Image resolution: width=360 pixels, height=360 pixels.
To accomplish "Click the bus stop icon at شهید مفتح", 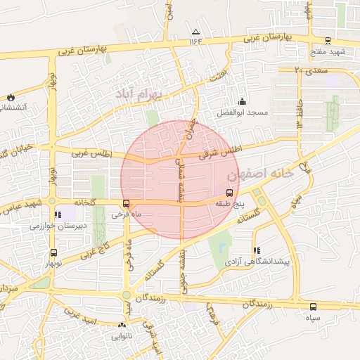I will tap(329, 41).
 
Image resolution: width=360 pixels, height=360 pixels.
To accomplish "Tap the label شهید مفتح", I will tap(332, 52).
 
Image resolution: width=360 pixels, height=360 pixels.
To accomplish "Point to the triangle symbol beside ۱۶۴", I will tap(195, 32).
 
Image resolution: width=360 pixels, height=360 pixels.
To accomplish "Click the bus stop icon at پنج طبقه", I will tap(229, 193).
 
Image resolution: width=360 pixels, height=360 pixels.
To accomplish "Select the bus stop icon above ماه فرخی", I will tap(126, 204).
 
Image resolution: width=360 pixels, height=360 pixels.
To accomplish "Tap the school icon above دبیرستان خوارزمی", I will tap(57, 214).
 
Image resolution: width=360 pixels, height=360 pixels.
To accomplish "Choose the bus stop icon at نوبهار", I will tap(53, 254).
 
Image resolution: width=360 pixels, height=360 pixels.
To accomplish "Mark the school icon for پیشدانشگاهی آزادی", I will tap(256, 250).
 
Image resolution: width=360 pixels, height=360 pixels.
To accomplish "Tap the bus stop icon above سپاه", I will tap(314, 307).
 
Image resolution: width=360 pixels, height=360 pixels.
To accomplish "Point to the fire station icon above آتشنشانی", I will tap(11, 97).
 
